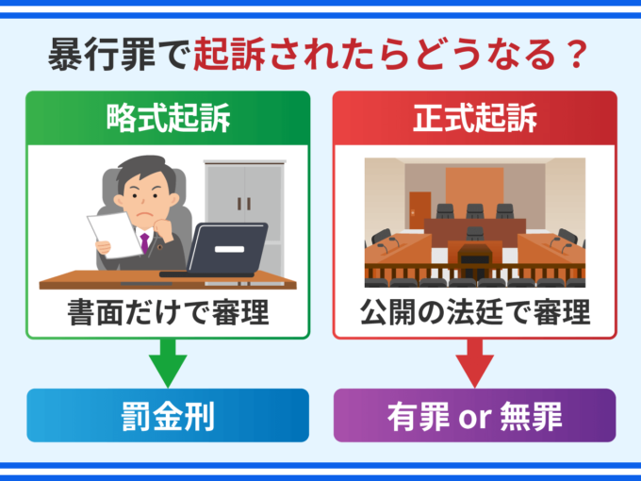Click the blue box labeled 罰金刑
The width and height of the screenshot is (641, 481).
point(167,415)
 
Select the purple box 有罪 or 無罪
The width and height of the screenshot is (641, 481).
point(475,415)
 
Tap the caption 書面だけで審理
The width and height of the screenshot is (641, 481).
point(167,312)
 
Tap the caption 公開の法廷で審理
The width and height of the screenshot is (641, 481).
point(475,312)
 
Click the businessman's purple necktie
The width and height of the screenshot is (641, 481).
point(144,242)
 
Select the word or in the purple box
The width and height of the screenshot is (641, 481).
point(475,416)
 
